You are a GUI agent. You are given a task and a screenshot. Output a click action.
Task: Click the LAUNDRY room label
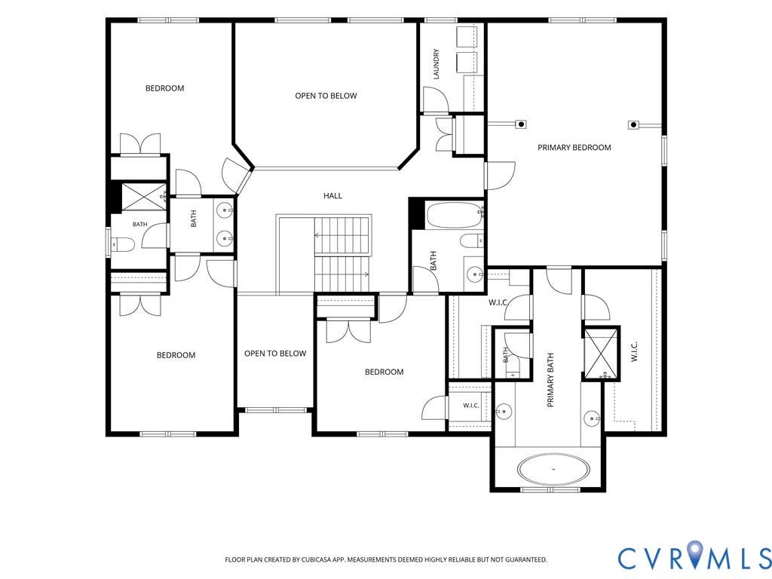point(437,64)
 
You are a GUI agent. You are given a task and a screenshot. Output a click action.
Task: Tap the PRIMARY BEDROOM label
point(574,147)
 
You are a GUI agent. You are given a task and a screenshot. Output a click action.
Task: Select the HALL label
point(332,195)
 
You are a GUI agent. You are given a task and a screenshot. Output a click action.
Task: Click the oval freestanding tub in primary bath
point(554,469)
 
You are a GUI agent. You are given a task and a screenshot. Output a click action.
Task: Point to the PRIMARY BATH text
point(550,380)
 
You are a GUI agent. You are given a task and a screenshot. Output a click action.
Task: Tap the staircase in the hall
point(342,255)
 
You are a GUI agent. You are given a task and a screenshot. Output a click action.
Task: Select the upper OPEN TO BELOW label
point(326,96)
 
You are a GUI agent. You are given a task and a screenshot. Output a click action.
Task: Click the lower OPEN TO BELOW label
point(275,353)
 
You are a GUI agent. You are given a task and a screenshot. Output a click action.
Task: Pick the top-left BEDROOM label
point(165,88)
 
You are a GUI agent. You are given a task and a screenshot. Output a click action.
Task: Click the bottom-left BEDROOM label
point(176,355)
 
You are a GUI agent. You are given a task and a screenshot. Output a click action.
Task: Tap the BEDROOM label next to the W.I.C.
point(384,372)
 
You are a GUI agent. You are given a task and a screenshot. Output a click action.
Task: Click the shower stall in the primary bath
point(601,353)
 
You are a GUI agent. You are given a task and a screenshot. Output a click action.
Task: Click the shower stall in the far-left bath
point(144,197)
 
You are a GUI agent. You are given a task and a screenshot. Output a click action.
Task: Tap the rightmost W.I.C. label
point(634,351)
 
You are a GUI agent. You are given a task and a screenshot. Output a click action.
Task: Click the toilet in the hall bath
point(473,241)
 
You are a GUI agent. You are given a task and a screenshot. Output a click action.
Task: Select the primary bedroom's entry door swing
point(501,176)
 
